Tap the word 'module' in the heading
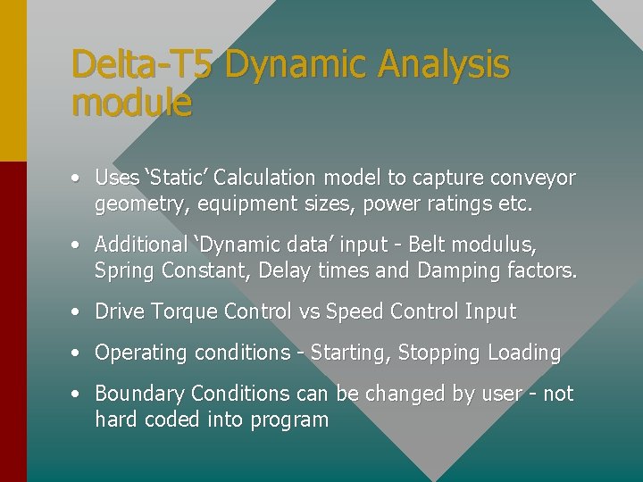[131, 104]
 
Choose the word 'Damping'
[476, 270]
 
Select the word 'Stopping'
[438, 353]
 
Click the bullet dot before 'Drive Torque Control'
[79, 312]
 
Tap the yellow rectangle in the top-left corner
[13, 80]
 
